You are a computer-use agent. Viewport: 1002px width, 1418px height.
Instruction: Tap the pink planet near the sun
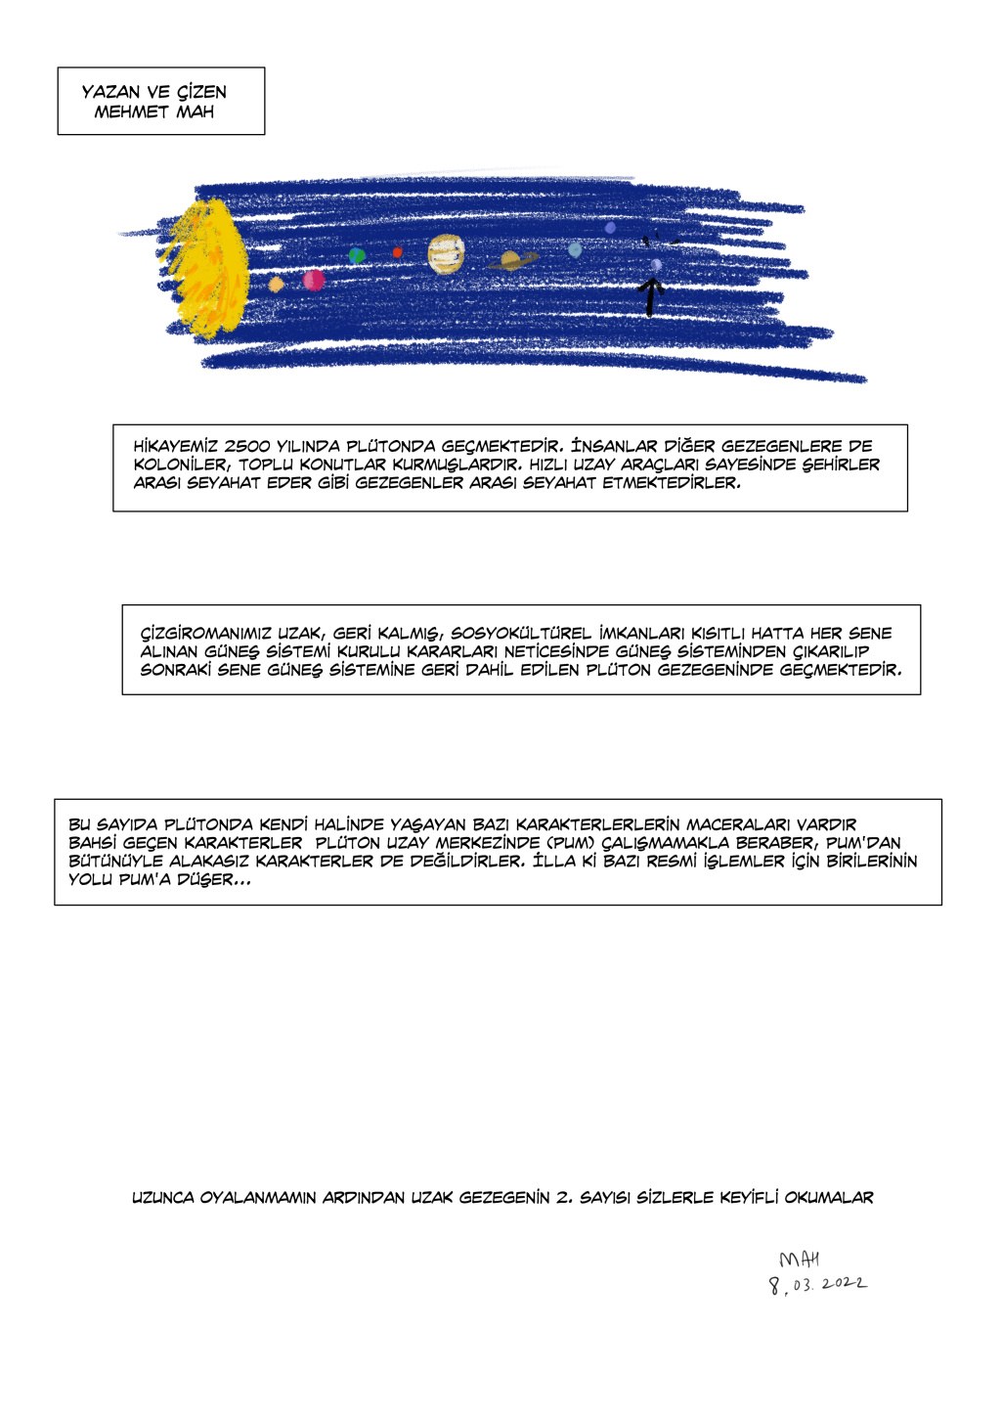(314, 281)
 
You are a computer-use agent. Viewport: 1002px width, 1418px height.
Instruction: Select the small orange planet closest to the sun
(276, 284)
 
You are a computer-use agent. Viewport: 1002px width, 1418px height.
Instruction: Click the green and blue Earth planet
(357, 255)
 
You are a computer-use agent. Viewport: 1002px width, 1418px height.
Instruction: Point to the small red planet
(397, 252)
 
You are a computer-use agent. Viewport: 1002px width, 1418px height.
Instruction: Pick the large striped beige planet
(445, 254)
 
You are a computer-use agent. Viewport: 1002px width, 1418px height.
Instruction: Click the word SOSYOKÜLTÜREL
(520, 634)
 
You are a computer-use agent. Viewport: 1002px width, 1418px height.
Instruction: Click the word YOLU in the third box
(89, 879)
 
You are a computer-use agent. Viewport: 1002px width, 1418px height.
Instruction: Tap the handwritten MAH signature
(799, 1260)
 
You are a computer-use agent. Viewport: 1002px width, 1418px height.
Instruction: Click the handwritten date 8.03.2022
(817, 1285)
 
